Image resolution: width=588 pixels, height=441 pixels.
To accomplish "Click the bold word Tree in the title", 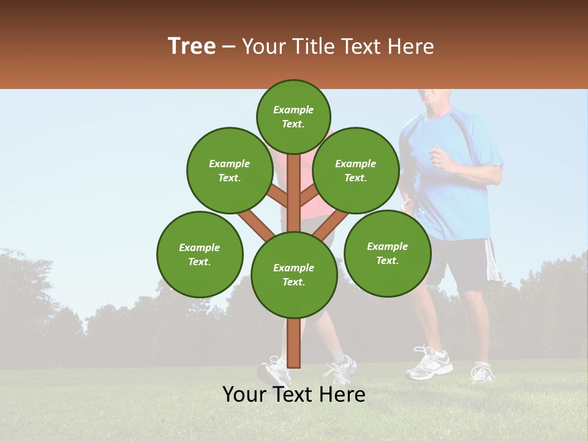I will [x=192, y=47].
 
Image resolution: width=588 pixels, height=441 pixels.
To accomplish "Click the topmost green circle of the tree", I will [x=293, y=116].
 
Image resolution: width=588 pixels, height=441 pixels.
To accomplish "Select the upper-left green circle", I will [x=230, y=170].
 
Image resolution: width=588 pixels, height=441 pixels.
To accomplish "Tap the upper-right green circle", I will [x=356, y=170].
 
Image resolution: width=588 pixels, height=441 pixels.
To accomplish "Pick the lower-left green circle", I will [x=200, y=254].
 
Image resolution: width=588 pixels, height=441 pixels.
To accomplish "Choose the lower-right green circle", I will [x=388, y=253].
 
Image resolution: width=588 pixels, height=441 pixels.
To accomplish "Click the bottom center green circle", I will [x=294, y=274].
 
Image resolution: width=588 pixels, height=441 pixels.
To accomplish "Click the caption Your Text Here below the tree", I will [x=294, y=395].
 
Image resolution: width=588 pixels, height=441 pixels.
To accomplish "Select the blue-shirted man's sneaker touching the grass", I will [x=429, y=364].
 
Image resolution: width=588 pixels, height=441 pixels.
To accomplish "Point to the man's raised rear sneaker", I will [x=483, y=371].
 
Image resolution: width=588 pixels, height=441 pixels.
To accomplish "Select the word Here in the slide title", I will [x=412, y=47].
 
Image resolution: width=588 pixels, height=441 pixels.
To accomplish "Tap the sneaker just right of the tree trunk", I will [x=341, y=369].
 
